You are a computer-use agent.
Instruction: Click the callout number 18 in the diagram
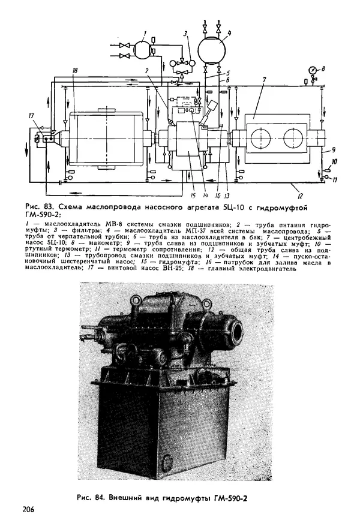click(74, 71)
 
